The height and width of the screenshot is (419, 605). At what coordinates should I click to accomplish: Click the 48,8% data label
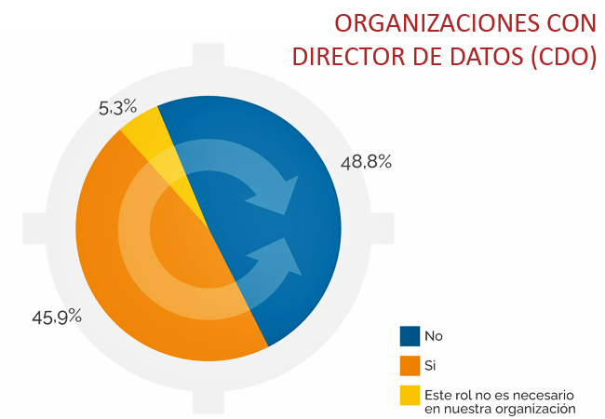tap(366, 162)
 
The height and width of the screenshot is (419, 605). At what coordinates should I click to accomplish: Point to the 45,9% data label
tap(57, 318)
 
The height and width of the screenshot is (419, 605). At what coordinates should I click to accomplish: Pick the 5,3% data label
tap(117, 107)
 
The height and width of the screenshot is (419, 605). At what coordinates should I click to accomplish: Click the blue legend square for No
tap(410, 336)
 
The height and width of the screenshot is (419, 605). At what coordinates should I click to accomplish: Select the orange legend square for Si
tap(410, 365)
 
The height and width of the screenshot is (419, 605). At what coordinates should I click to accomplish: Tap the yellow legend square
tap(410, 395)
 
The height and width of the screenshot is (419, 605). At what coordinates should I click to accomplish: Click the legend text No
tap(434, 336)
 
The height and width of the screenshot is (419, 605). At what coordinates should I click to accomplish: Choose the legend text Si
tap(430, 365)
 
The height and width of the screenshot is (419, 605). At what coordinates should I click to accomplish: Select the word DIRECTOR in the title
tap(350, 56)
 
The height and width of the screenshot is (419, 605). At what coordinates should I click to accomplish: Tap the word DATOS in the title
tap(487, 56)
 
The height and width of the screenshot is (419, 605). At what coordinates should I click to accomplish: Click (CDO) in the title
tap(564, 57)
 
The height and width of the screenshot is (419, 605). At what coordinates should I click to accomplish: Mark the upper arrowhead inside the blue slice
tap(280, 195)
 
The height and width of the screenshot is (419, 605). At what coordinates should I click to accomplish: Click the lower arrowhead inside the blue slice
tap(281, 257)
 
